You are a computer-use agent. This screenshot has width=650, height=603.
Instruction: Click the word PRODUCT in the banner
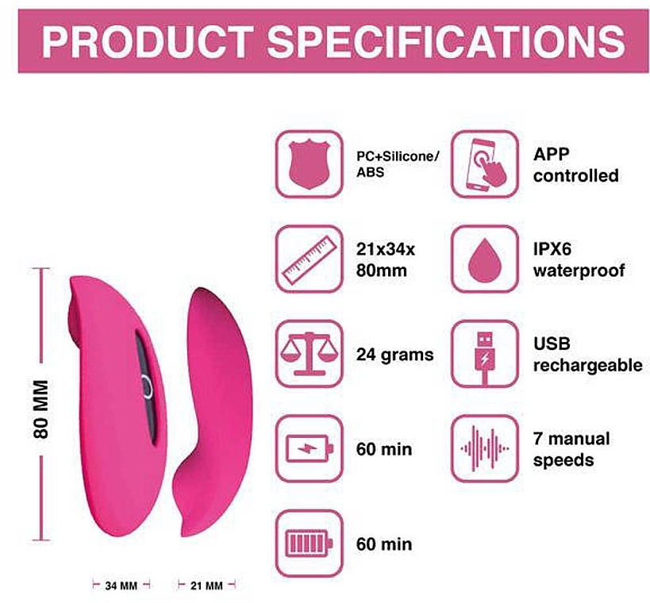point(148,41)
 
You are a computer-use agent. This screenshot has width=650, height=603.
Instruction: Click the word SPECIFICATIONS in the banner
point(445,41)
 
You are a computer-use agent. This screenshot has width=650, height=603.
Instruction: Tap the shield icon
point(310,164)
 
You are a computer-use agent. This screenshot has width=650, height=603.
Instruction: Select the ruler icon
point(310,259)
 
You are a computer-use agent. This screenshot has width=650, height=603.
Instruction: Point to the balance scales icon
point(310,354)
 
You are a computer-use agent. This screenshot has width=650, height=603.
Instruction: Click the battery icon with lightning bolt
point(310,448)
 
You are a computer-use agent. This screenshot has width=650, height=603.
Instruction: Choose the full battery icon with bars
point(310,543)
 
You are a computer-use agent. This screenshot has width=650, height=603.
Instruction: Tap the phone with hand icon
point(485,164)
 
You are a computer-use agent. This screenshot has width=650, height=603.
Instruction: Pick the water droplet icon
point(485,259)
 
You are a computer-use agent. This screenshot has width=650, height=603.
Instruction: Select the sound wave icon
point(485,448)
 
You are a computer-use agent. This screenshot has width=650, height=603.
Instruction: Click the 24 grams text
point(394,355)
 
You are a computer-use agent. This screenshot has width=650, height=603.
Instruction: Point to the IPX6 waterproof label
point(579,259)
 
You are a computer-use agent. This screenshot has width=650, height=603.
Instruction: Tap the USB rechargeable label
point(588,355)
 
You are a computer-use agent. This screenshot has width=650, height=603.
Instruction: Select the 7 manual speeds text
point(571,449)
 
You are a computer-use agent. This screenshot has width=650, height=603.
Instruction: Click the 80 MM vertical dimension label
point(41,409)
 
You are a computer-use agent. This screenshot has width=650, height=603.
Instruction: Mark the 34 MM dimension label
point(121,586)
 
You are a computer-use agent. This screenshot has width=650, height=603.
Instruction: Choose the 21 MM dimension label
point(206,586)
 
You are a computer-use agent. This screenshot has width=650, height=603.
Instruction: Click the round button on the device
point(147,386)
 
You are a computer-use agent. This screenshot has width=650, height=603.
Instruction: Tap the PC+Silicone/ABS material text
point(398,164)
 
